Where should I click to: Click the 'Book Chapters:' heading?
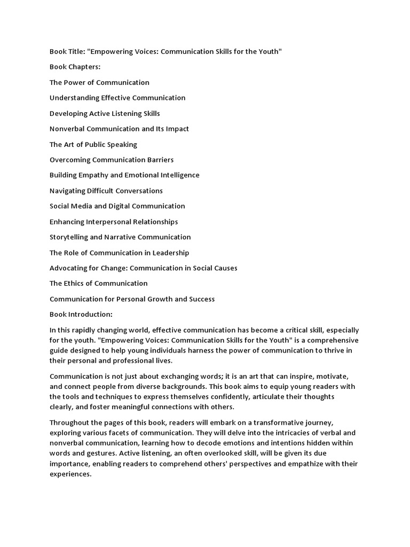75,67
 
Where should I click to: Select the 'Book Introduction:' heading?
81,315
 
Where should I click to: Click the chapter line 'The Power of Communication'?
99,82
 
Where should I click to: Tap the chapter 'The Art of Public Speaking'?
93,144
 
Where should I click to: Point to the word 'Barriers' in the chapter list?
159,160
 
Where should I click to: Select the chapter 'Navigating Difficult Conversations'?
106,191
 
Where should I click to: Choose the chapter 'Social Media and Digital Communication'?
117,206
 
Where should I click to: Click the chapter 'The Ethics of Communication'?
99,284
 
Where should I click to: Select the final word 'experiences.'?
71,474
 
